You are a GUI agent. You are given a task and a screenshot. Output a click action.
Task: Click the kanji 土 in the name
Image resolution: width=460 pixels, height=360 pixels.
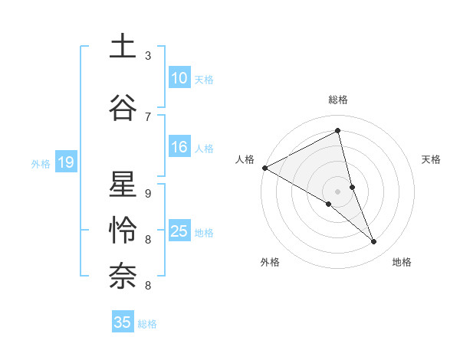(123, 47)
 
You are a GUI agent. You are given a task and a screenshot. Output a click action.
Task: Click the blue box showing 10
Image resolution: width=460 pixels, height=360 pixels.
(179, 78)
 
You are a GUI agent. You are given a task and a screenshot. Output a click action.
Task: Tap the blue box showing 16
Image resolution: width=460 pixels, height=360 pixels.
(179, 148)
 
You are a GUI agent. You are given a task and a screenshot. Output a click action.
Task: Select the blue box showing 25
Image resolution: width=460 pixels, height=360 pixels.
(179, 231)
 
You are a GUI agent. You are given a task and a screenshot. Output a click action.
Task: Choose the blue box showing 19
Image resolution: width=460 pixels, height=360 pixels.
(65, 162)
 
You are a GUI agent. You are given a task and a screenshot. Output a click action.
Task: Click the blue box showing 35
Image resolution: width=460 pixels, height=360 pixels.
(123, 322)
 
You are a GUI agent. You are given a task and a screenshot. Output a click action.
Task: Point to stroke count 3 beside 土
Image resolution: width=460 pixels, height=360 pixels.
(148, 56)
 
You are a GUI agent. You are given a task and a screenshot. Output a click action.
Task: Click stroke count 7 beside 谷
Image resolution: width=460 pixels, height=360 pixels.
(148, 116)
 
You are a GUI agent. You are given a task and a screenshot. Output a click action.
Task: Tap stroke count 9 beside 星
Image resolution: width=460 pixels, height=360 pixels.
(148, 194)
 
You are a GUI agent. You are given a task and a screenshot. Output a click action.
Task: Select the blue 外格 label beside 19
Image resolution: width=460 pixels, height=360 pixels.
(41, 163)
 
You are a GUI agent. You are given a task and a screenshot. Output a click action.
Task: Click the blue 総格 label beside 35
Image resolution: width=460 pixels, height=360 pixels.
(147, 323)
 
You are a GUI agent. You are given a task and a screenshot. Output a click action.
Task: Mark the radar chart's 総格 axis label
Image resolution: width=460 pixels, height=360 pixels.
(337, 100)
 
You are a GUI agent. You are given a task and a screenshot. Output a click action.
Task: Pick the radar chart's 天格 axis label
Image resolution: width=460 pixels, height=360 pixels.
(431, 159)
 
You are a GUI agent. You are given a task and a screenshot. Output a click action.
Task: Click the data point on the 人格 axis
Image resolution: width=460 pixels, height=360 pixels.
(264, 167)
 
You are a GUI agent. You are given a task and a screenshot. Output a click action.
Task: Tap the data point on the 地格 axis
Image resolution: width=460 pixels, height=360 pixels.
(374, 242)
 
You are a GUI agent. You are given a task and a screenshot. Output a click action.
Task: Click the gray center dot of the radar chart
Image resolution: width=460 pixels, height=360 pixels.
(337, 191)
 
